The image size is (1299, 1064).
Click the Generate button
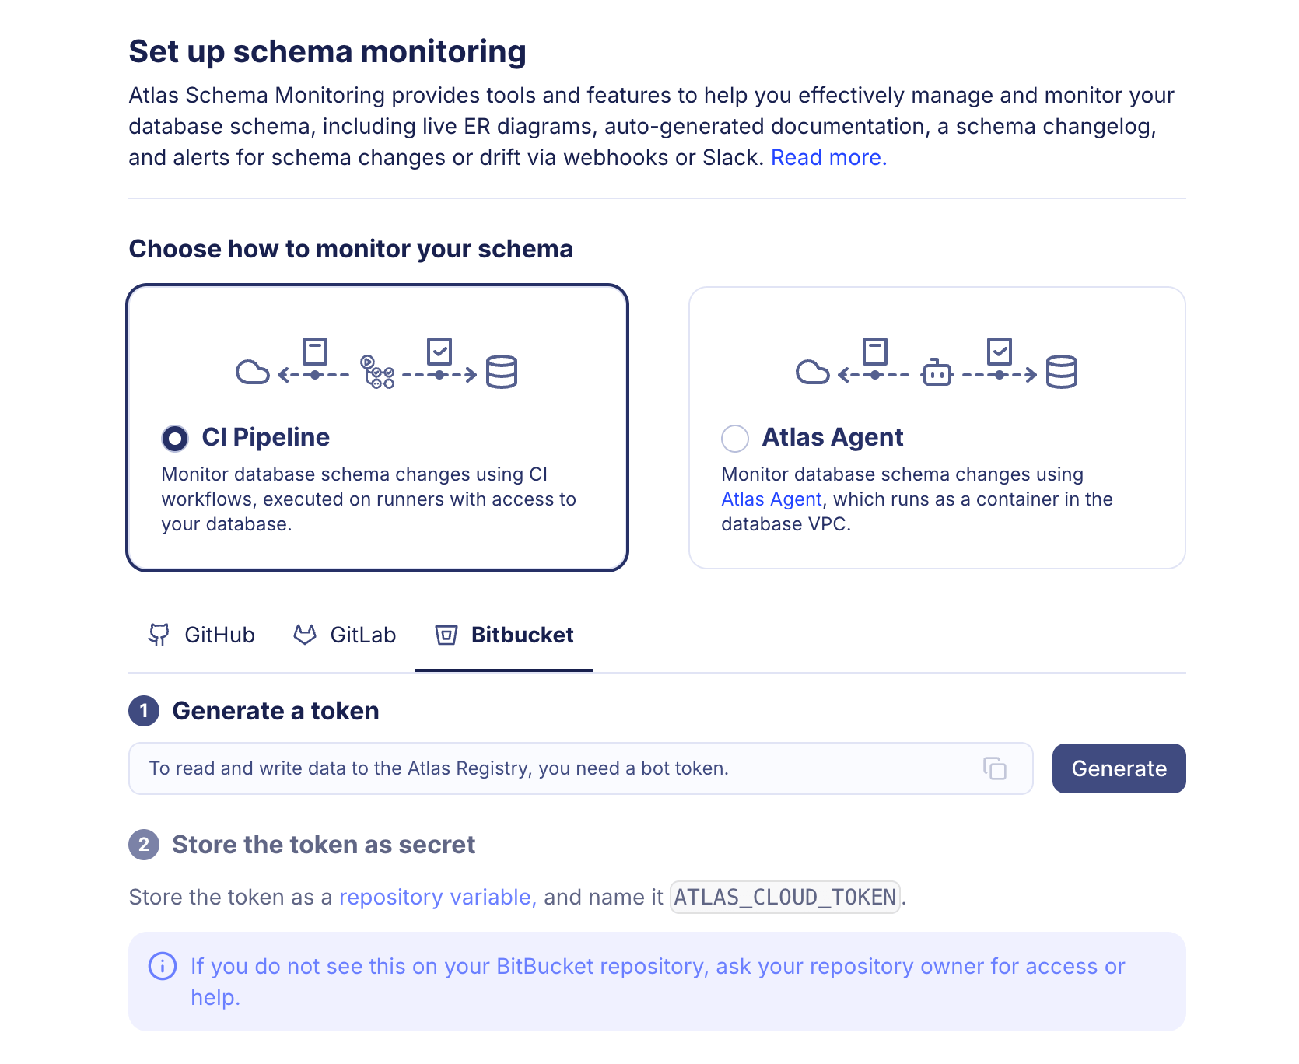[x=1118, y=768]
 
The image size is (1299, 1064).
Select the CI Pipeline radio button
[x=175, y=439]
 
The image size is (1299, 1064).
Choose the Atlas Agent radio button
[x=734, y=439]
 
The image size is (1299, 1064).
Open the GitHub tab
[x=201, y=635]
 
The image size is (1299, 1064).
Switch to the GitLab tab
[x=345, y=635]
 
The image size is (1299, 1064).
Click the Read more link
[x=828, y=158]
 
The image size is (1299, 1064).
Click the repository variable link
[x=437, y=898]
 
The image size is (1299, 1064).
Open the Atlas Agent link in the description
[x=771, y=499]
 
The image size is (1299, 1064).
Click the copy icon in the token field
[x=994, y=768]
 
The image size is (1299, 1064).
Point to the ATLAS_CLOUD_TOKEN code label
[x=785, y=898]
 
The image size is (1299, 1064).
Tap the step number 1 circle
[x=144, y=711]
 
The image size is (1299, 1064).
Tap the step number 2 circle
[x=144, y=845]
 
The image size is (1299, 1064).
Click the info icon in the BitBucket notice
[x=163, y=967]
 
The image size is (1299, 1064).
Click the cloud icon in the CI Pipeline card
[x=252, y=373]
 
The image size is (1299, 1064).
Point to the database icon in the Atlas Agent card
[x=1061, y=372]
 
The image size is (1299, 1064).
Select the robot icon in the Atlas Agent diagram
[x=937, y=373]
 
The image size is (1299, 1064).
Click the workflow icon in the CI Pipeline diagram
[x=377, y=372]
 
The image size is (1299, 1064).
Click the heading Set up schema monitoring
[x=327, y=52]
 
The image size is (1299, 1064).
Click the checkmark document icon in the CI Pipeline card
[x=439, y=352]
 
